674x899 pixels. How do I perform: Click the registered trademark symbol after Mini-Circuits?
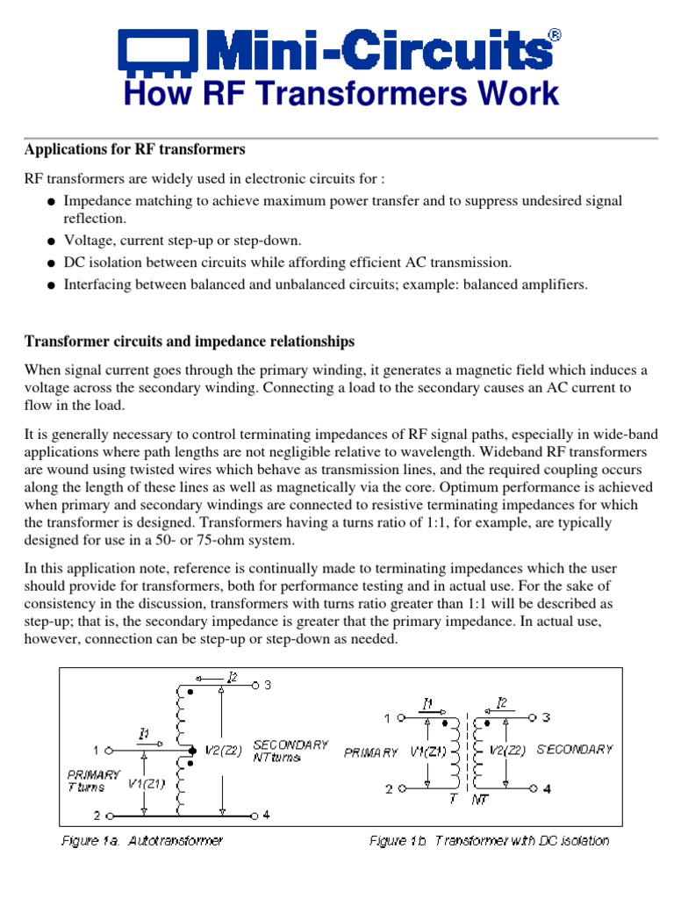click(554, 35)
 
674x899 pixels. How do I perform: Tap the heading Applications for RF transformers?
click(134, 149)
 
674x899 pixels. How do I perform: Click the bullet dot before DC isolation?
click(53, 263)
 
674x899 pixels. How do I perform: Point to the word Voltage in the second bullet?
click(87, 241)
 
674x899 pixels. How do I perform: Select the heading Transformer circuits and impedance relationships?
click(190, 341)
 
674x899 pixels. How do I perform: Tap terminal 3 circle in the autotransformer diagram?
click(255, 685)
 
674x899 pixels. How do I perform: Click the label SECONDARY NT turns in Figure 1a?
click(290, 751)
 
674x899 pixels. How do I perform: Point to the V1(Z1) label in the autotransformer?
click(147, 783)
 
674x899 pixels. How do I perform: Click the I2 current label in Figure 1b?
click(502, 703)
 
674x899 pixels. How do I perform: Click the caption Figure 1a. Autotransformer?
click(142, 841)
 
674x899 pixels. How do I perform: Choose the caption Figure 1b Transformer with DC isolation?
click(489, 841)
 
